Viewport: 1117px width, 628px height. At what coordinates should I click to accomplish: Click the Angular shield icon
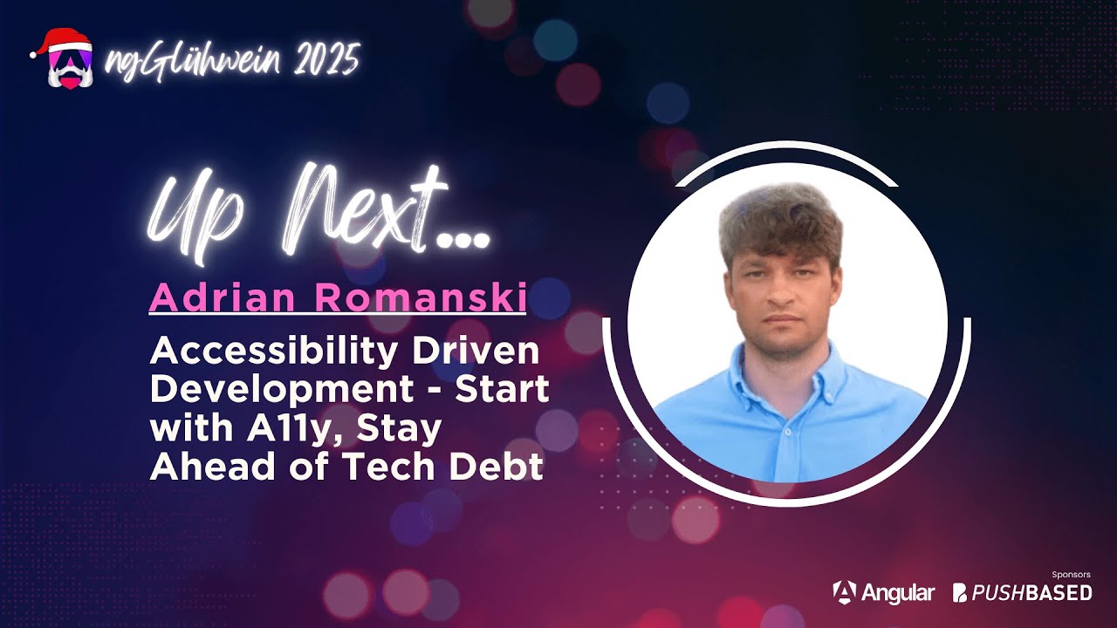click(844, 592)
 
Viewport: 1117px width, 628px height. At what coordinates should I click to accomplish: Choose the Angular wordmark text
click(898, 592)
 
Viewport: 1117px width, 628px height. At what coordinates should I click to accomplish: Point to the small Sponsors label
click(1072, 576)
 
